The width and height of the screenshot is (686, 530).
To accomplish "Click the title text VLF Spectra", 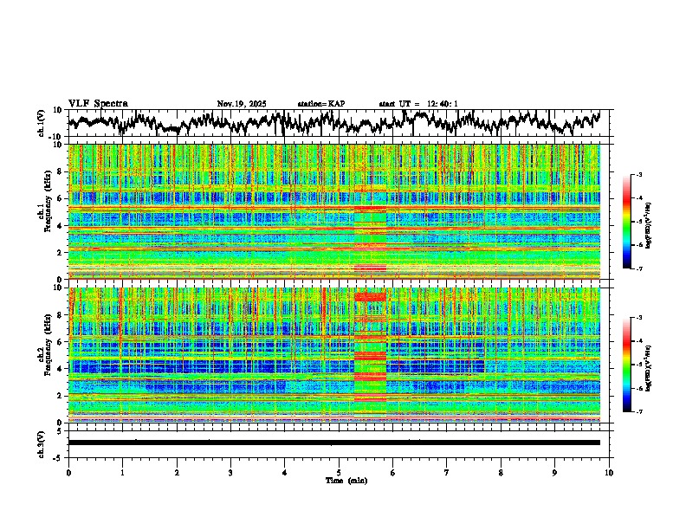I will tap(98, 104).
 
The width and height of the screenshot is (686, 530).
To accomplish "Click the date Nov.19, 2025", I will tap(242, 104).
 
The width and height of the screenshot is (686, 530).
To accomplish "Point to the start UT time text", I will tap(418, 104).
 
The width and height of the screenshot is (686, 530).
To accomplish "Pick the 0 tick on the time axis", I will tap(68, 473).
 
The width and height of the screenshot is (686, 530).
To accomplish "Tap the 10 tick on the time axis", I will tap(609, 473).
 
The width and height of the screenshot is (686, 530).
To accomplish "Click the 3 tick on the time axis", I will tap(230, 473).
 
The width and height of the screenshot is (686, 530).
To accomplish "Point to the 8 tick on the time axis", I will tap(501, 473).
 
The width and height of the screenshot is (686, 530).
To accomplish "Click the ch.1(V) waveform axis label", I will tap(42, 123).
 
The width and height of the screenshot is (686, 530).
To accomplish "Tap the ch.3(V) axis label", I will tap(42, 443).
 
